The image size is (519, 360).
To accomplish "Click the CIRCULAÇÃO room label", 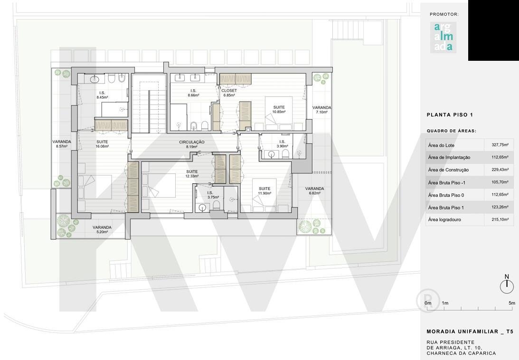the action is (x=192, y=142).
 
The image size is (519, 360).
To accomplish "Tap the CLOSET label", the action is (x=229, y=90).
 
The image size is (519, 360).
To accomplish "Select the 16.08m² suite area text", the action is (x=102, y=146).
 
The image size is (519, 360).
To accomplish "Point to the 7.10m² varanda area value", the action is (x=322, y=112).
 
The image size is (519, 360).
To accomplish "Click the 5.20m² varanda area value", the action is (x=102, y=232).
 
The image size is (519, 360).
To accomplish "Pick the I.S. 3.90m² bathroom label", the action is (x=282, y=144).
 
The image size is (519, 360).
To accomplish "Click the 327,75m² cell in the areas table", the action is (x=500, y=145).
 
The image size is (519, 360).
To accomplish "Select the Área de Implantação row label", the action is (x=449, y=157).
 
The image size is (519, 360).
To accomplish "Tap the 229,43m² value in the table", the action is (x=500, y=170).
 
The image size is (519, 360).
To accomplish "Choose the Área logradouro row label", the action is (x=444, y=219).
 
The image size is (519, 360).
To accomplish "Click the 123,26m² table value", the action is (x=500, y=208).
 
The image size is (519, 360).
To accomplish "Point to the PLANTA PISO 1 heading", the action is (x=450, y=115).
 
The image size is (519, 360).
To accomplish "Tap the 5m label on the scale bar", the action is (x=512, y=303).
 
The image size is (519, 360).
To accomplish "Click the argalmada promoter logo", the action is (x=443, y=38).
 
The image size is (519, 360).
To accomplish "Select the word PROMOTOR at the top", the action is (x=444, y=14).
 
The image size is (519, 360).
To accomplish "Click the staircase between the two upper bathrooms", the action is (x=149, y=104).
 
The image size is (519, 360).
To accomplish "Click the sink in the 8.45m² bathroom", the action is (x=94, y=79).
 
